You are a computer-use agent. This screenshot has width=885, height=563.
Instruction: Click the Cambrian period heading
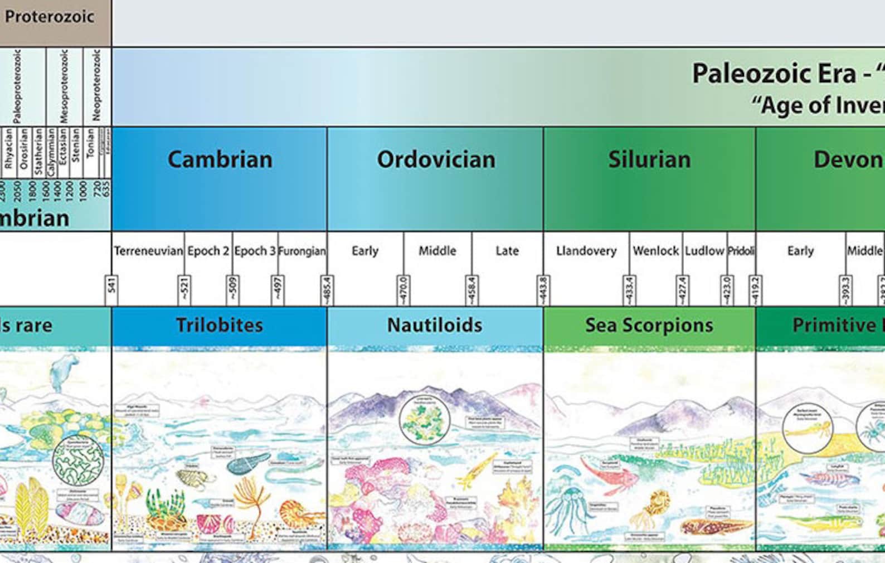(x=220, y=160)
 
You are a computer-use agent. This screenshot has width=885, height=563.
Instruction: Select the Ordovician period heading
(x=436, y=160)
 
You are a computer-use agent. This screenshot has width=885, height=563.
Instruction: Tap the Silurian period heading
(x=649, y=160)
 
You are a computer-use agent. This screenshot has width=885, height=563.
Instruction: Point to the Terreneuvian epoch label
(x=148, y=251)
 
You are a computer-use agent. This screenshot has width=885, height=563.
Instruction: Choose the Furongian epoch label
(x=302, y=251)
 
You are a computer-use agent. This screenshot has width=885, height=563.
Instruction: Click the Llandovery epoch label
(x=586, y=251)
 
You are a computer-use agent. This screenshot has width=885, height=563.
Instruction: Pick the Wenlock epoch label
(x=656, y=251)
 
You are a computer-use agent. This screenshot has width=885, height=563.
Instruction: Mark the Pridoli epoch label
(x=741, y=251)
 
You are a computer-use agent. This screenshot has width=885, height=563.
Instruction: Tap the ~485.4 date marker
(x=327, y=290)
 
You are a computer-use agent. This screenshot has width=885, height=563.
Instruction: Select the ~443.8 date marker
(x=543, y=290)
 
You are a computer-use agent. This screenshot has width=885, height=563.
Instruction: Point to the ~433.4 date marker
(x=630, y=290)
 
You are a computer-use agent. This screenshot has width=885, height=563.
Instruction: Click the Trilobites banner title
(x=220, y=325)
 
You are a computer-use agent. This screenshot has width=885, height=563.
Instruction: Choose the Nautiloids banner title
(x=435, y=325)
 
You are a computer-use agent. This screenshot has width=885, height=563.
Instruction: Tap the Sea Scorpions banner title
(x=649, y=325)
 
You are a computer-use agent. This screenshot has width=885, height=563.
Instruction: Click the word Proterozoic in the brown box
(x=49, y=17)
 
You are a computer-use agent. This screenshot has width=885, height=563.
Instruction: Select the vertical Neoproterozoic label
(x=96, y=85)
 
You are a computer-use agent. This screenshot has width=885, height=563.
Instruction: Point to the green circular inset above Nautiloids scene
(x=425, y=419)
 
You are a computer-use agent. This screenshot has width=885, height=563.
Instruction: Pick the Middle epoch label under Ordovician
(x=437, y=251)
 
